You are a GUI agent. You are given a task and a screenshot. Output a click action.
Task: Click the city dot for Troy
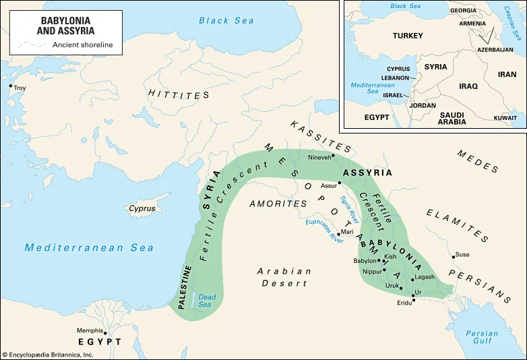tap(10, 86)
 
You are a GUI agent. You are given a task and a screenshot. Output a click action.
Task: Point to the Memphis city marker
tap(104, 332)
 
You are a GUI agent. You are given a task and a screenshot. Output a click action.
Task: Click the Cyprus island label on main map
tap(142, 209)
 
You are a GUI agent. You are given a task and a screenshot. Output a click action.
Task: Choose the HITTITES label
tap(179, 94)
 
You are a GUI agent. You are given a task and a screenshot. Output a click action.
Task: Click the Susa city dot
tap(453, 256)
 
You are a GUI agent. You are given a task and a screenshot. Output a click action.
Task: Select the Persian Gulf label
tap(482, 338)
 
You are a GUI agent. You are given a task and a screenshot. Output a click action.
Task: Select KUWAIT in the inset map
tap(505, 117)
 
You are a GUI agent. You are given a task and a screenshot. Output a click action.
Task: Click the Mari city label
tap(347, 232)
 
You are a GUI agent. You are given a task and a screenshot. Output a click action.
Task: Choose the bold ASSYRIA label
tap(367, 173)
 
